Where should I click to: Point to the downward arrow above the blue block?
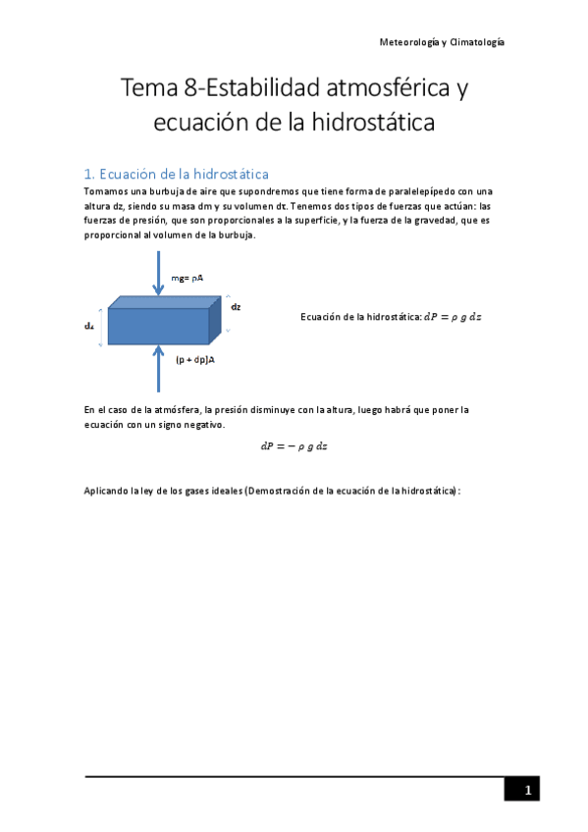(x=158, y=273)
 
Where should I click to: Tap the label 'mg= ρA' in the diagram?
(x=187, y=279)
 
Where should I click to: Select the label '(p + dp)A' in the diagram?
(x=195, y=360)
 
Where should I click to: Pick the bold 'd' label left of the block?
(x=88, y=326)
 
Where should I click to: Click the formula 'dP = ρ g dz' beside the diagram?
(x=452, y=317)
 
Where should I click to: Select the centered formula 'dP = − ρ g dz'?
(x=294, y=445)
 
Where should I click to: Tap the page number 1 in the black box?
(x=526, y=790)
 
